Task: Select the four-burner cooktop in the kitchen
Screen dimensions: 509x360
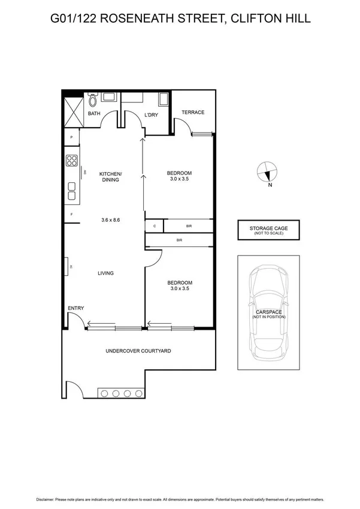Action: pyautogui.click(x=72, y=161)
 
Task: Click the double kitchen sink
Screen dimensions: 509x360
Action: pyautogui.click(x=72, y=191)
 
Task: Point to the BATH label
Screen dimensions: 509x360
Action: pyautogui.click(x=94, y=113)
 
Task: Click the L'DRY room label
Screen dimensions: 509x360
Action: pyautogui.click(x=151, y=115)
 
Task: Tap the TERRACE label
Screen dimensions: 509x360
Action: pyautogui.click(x=193, y=112)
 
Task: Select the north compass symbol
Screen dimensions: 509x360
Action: pyautogui.click(x=266, y=172)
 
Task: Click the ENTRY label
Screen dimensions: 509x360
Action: pyautogui.click(x=75, y=308)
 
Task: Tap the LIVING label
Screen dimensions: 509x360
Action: pyautogui.click(x=106, y=273)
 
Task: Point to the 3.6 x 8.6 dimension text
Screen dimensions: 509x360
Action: pyautogui.click(x=111, y=220)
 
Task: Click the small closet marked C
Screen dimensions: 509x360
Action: pyautogui.click(x=155, y=226)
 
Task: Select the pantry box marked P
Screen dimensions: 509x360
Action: pyautogui.click(x=71, y=138)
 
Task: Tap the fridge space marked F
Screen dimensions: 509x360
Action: pyautogui.click(x=71, y=214)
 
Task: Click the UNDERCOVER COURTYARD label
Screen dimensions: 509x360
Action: pyautogui.click(x=138, y=351)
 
